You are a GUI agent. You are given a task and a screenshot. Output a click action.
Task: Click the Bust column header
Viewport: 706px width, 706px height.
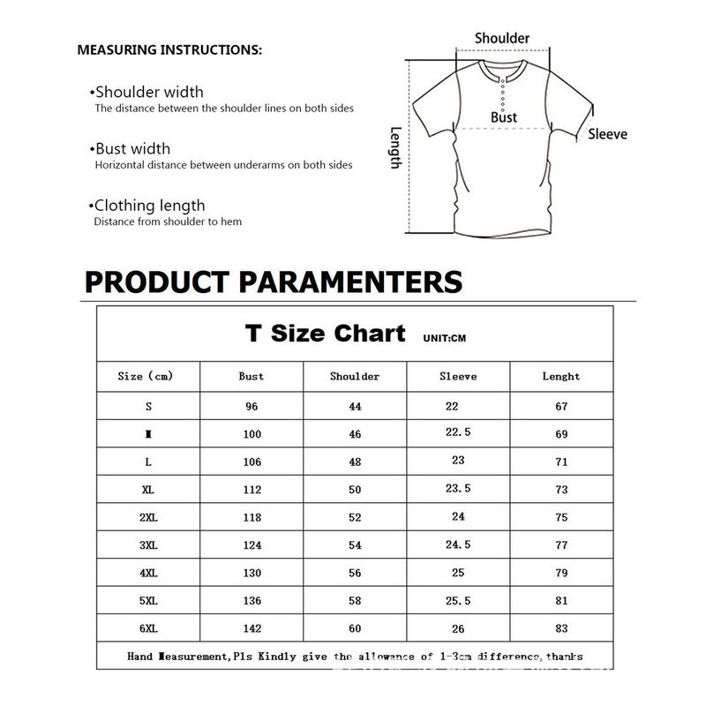click(252, 376)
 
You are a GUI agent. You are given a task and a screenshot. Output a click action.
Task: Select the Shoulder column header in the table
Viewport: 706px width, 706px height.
click(355, 376)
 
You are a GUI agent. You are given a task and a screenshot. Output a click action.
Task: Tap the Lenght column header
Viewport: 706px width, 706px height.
click(561, 376)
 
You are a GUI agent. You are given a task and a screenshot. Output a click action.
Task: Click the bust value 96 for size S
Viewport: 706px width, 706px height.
click(252, 407)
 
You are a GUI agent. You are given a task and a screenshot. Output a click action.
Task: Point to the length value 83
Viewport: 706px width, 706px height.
click(561, 628)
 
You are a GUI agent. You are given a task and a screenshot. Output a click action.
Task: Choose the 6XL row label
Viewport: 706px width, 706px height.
click(147, 628)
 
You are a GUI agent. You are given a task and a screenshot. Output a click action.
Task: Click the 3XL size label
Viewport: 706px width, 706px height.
click(147, 545)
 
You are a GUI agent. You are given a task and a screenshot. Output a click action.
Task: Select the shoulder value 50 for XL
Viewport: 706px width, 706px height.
click(355, 489)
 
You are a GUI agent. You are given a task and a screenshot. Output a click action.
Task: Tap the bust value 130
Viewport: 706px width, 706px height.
click(252, 573)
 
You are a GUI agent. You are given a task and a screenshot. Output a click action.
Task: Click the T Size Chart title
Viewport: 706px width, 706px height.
click(325, 334)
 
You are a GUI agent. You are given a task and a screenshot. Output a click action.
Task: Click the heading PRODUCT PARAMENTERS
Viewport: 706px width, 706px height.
click(274, 282)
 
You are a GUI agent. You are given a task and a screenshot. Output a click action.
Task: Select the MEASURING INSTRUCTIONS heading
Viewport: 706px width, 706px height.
click(170, 49)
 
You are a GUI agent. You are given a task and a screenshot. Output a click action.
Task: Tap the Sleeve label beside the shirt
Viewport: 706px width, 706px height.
click(608, 134)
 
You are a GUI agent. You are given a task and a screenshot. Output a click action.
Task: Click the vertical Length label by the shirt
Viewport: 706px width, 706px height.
click(396, 147)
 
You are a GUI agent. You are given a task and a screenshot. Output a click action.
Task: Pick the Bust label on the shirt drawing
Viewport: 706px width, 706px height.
click(504, 117)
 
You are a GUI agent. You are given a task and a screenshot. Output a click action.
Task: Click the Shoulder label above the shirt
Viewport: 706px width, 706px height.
click(502, 38)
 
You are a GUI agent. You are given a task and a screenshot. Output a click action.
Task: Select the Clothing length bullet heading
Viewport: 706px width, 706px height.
click(149, 206)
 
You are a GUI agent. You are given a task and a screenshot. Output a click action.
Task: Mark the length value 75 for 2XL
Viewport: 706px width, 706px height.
click(561, 518)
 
